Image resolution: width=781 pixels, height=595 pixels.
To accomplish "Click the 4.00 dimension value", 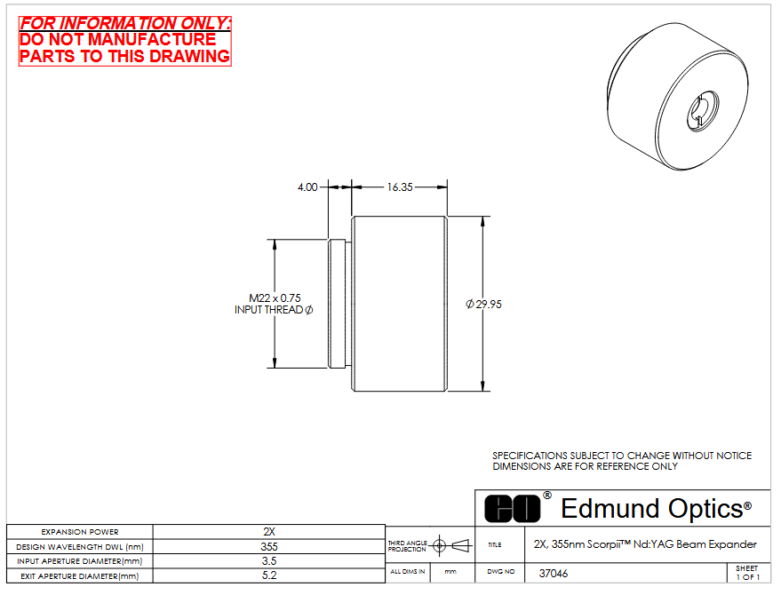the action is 307,187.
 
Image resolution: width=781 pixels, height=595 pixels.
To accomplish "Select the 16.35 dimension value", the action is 400,187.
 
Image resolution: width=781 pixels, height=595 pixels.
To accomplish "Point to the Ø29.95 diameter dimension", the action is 483,305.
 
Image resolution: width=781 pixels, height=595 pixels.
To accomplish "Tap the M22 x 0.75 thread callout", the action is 275,298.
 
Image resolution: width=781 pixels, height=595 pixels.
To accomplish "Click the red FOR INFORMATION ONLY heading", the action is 125,23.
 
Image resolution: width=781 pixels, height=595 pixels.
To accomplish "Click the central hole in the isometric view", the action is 703,110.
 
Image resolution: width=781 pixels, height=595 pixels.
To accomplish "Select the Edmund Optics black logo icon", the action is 512,509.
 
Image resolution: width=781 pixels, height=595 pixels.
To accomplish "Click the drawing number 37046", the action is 554,574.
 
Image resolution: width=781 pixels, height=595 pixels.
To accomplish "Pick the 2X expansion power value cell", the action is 269,532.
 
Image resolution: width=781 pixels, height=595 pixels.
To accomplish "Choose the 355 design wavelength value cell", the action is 269,547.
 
